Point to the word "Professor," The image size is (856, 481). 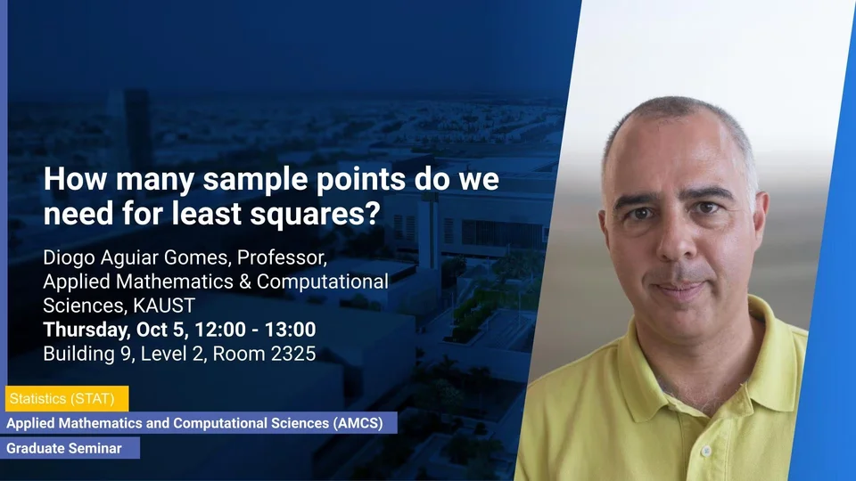(283, 257)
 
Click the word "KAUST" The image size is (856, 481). (164, 306)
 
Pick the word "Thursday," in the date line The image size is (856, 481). (86, 330)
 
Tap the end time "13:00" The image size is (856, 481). (291, 330)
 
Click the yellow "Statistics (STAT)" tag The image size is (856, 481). (67, 399)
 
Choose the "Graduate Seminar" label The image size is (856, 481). (70, 448)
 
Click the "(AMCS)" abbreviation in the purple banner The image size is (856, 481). (358, 423)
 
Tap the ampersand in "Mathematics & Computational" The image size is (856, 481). (245, 282)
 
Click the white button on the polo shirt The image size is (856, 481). (706, 452)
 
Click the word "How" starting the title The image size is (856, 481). (75, 179)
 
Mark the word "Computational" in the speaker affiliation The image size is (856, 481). (323, 282)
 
